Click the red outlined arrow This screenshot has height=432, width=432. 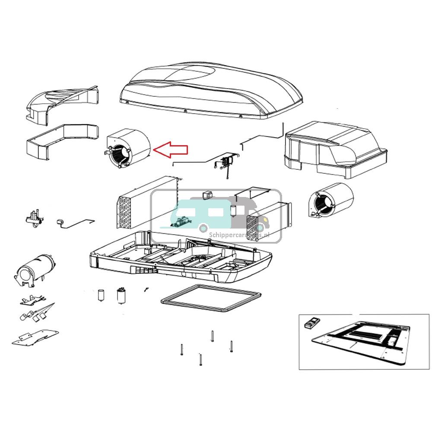pyautogui.click(x=172, y=149)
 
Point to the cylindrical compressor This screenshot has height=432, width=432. pyautogui.click(x=35, y=268)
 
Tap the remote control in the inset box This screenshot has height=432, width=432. pyautogui.click(x=312, y=323)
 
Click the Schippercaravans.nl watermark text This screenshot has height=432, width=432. pyautogui.click(x=239, y=235)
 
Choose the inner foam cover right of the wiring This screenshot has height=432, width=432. pyautogui.click(x=335, y=149)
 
